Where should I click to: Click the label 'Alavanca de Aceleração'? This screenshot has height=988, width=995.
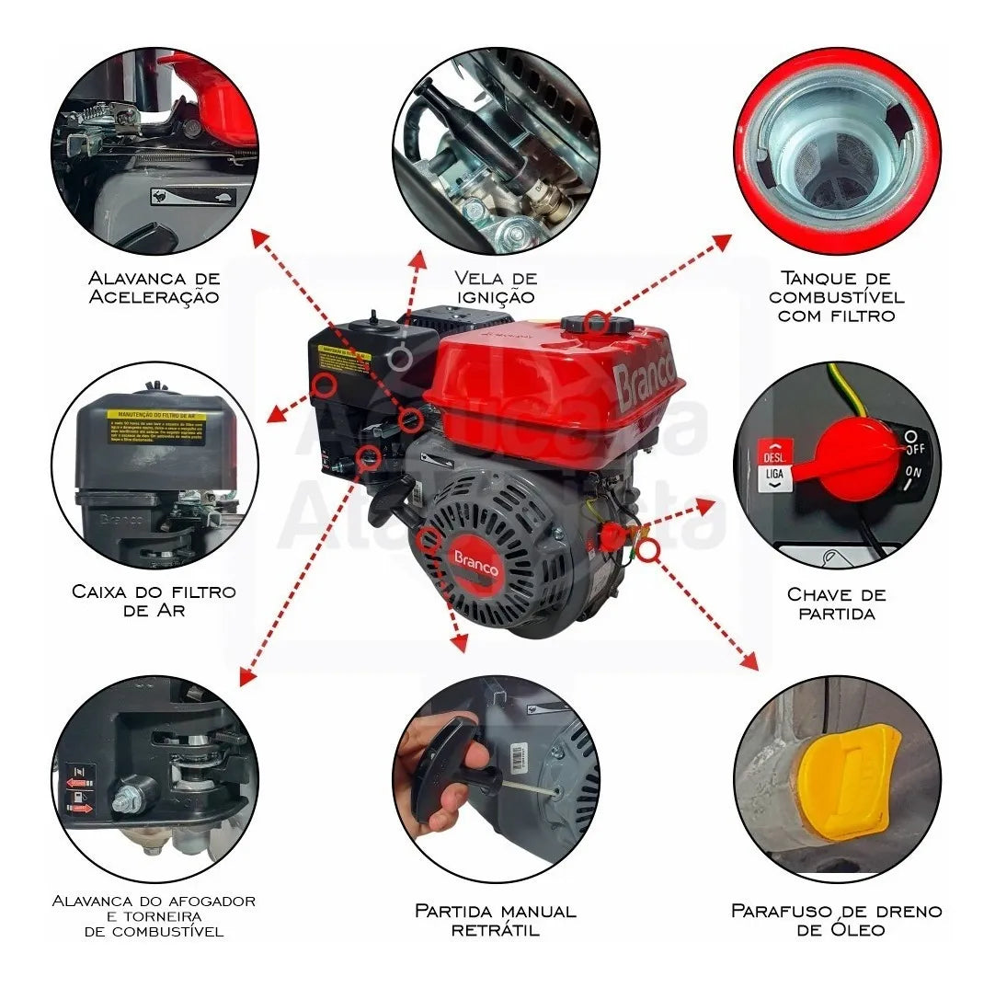[x=154, y=287]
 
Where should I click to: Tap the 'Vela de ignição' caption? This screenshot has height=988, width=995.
[x=495, y=287]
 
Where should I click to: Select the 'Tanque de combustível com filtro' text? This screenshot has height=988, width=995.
[x=836, y=296]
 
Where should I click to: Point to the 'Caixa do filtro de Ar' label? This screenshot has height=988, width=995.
[x=154, y=601]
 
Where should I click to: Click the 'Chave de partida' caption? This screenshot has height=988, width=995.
[x=836, y=603]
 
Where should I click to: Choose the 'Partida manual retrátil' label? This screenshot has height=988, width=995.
[x=495, y=920]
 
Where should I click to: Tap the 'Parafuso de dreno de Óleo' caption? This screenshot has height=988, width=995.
[x=836, y=920]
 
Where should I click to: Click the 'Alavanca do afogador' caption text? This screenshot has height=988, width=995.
[x=154, y=901]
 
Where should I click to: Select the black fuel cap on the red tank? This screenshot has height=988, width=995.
[x=596, y=325]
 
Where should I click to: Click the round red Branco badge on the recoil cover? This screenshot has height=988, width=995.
[x=475, y=562]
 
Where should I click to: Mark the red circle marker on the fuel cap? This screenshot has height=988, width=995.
[x=596, y=321]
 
